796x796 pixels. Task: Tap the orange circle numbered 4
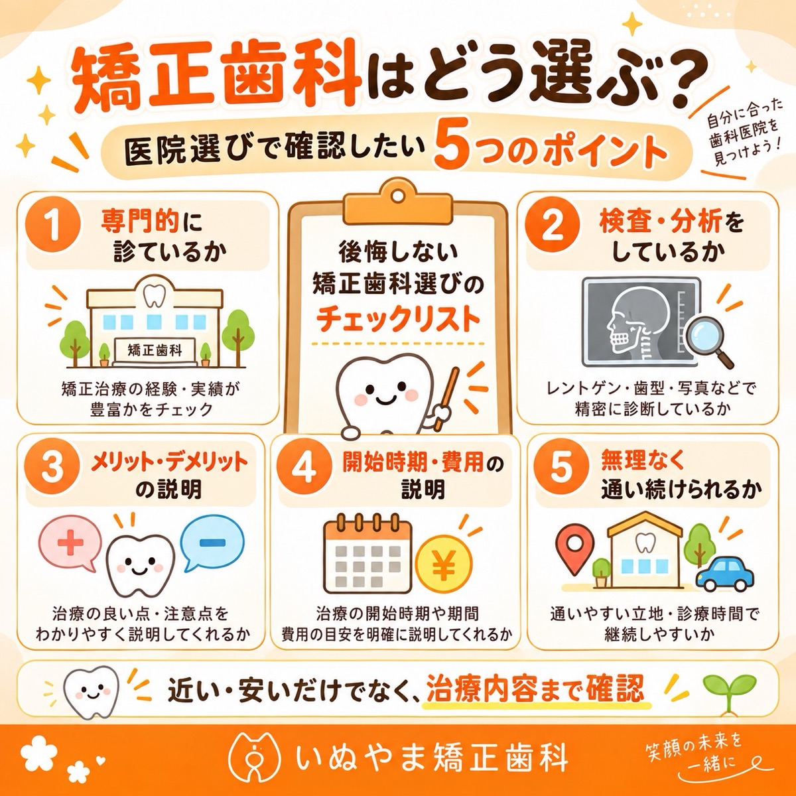[304, 470]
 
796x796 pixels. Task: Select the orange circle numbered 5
[561, 469]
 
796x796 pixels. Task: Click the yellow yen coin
[444, 563]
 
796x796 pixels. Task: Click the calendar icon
[367, 554]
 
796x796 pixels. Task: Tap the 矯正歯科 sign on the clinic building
[155, 350]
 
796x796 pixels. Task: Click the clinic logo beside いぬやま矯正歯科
[255, 759]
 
